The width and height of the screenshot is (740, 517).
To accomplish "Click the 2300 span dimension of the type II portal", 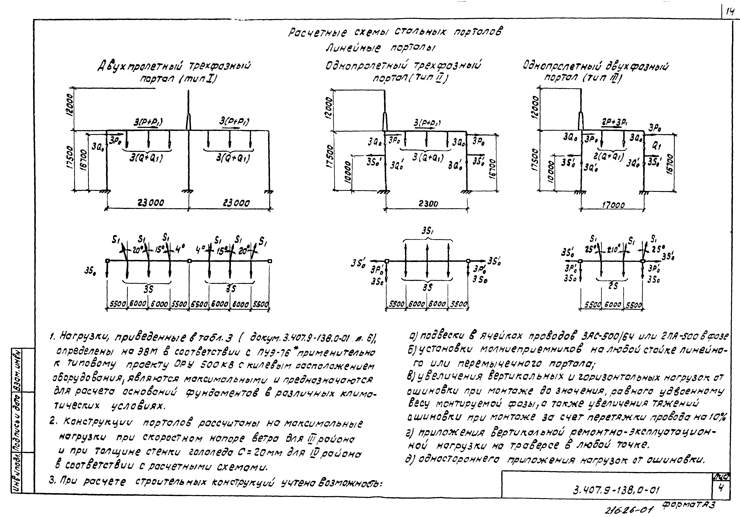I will pyautogui.click(x=428, y=204).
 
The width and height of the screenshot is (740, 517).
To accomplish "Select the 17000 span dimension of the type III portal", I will pyautogui.click(x=613, y=205).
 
